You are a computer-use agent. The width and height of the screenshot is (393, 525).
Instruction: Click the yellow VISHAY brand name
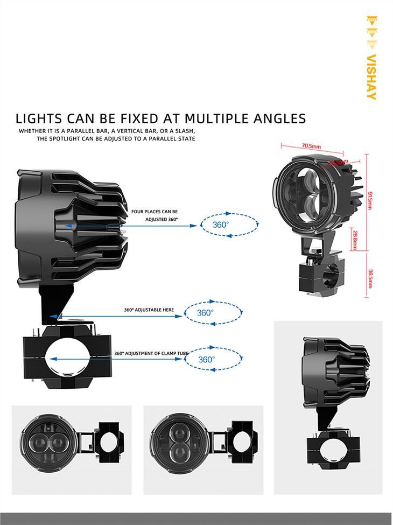[371, 76]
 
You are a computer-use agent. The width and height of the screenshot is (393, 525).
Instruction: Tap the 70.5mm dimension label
[311, 146]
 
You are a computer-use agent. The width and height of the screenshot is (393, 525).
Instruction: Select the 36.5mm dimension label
[370, 278]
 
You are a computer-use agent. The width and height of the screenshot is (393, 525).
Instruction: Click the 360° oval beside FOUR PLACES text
[221, 225]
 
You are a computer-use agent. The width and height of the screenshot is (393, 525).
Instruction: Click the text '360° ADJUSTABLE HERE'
[149, 310]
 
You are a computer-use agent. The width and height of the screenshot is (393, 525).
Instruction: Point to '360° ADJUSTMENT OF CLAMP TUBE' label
[151, 354]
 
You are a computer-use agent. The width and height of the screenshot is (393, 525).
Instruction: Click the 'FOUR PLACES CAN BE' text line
[155, 212]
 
